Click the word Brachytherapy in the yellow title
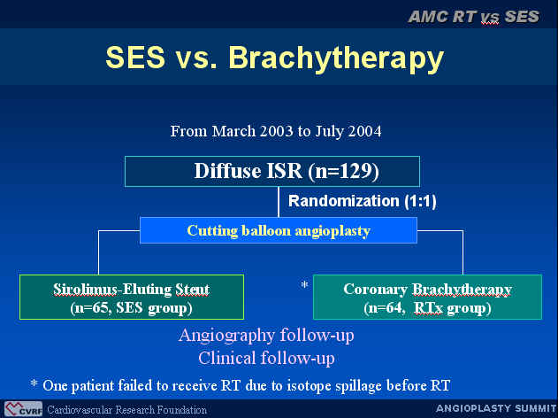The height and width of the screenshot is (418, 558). coord(336,58)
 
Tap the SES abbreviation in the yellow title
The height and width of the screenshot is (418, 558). coord(135,57)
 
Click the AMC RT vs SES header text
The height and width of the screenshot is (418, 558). coord(474,17)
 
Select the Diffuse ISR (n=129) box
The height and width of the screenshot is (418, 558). coord(272,172)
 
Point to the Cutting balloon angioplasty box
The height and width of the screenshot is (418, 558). coord(279,230)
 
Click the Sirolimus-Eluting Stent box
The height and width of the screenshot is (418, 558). coord(132,297)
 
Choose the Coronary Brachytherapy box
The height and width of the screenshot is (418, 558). coord(427,297)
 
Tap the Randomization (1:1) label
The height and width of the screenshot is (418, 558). coord(363,201)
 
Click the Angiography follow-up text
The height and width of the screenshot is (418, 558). coord(266,336)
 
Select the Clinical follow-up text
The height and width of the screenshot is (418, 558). coord(266,358)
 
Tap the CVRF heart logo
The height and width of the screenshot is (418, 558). coord(23,409)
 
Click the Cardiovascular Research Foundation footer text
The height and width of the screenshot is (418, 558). coord(126,410)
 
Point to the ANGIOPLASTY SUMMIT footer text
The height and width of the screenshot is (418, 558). coord(496,408)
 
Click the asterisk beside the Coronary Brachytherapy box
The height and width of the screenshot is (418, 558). coord(304,284)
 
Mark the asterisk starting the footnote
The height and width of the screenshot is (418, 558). coord(34,383)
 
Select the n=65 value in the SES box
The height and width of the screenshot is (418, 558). coord(90,308)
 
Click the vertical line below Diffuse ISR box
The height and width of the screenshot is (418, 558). coord(279,202)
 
